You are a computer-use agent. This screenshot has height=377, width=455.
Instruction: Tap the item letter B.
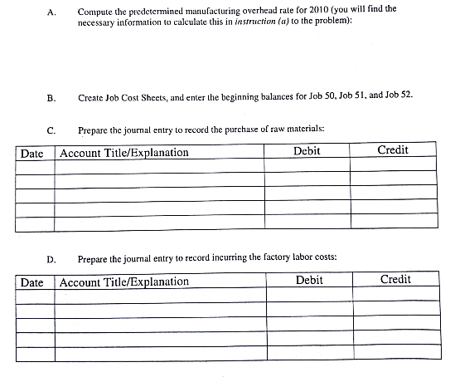[51, 98]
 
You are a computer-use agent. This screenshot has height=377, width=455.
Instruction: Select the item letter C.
[51, 130]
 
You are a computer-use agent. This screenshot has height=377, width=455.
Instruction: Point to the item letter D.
[51, 259]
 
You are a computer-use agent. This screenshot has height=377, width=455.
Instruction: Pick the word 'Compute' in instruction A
[94, 9]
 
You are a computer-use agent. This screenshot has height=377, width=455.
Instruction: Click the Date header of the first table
[31, 153]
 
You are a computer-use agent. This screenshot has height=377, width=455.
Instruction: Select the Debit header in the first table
[307, 151]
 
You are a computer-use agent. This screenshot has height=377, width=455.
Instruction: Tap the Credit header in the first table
[392, 150]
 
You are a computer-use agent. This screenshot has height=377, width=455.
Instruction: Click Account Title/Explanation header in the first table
[124, 153]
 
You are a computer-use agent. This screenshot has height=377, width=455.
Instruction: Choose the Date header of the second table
[31, 282]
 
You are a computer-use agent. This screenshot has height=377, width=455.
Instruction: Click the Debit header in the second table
[309, 281]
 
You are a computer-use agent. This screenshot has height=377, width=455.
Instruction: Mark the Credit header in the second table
[394, 280]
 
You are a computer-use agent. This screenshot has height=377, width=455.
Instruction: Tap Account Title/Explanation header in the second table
[124, 282]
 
